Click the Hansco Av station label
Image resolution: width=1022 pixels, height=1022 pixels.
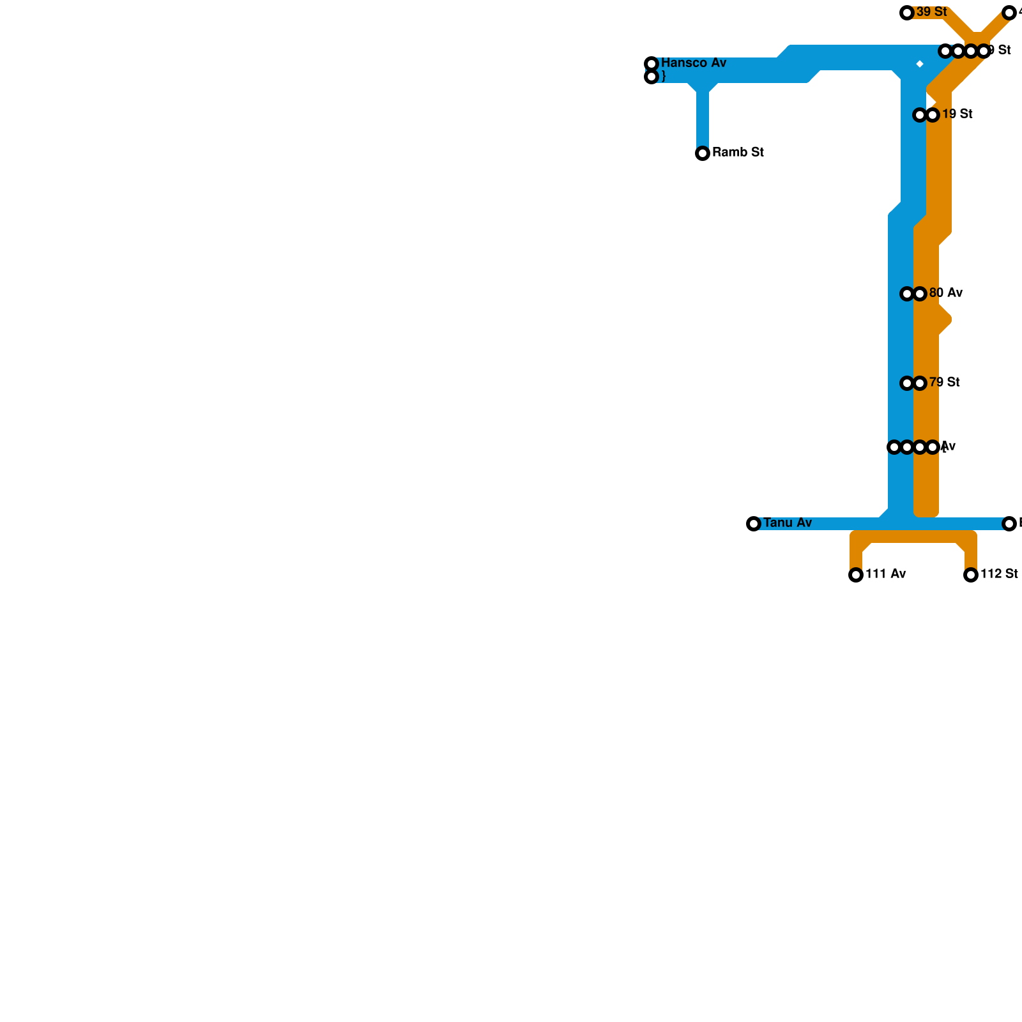[694, 63]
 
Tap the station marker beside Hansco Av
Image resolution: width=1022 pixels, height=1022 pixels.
[652, 64]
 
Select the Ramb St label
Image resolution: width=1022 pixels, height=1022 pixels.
[738, 153]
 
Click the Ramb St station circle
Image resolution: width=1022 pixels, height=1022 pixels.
[703, 153]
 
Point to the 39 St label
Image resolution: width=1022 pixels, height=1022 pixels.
[931, 12]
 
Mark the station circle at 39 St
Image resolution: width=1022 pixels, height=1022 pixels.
[907, 13]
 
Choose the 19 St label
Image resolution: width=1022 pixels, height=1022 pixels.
[957, 114]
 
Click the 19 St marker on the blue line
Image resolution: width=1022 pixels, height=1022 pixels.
[920, 115]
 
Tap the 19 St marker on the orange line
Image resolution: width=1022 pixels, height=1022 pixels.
[933, 115]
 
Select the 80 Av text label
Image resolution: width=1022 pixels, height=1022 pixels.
[946, 293]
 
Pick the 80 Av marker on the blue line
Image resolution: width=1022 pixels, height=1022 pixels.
[907, 294]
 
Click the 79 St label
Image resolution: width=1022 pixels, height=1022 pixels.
[945, 383]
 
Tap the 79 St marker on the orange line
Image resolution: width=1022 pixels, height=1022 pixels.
[920, 383]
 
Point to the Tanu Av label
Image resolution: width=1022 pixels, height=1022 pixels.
[788, 523]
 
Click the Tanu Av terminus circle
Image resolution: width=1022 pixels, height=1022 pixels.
[754, 524]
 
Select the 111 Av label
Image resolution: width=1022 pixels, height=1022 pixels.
[885, 574]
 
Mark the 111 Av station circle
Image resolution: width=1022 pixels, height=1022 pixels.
[856, 575]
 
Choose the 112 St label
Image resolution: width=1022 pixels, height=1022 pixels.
[999, 574]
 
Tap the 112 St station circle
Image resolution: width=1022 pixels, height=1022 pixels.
[971, 575]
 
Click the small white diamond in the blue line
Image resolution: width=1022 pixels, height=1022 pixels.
[920, 64]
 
